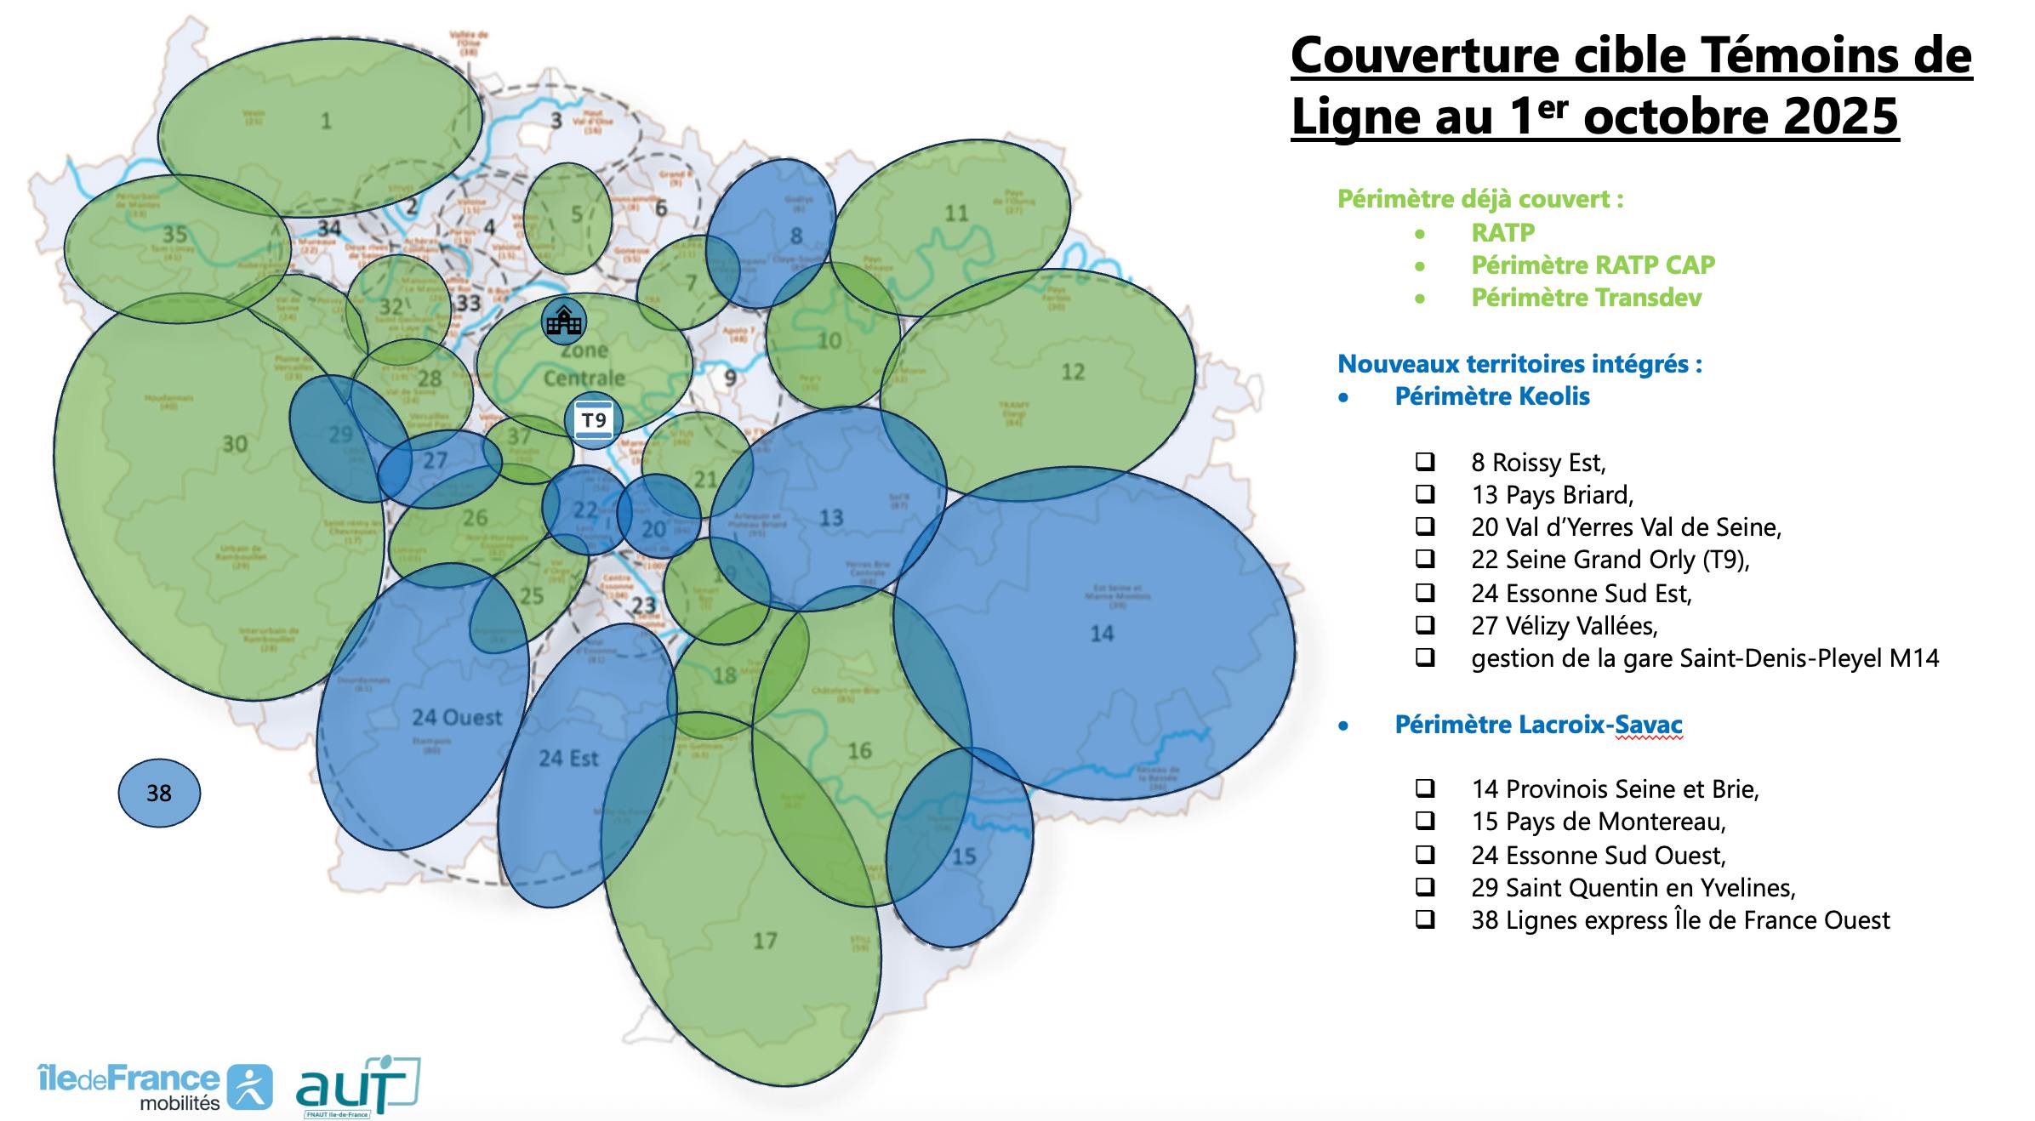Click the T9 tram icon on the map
point(594,420)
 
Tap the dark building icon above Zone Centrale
point(564,321)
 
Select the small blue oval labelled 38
point(159,793)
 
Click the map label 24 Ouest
point(457,718)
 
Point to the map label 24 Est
point(568,758)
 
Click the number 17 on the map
point(765,940)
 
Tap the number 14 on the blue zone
point(1102,633)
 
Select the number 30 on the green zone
point(235,444)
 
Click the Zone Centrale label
point(584,364)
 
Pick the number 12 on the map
point(1073,372)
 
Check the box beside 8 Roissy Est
point(1425,462)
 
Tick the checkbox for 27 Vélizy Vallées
point(1425,625)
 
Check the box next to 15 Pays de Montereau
point(1425,821)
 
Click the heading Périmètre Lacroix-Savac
point(1538,725)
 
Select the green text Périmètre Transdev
point(1586,298)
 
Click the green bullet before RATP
point(1419,233)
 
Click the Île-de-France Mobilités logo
point(156,1087)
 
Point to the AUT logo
point(358,1087)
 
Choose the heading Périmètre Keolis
point(1491,396)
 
